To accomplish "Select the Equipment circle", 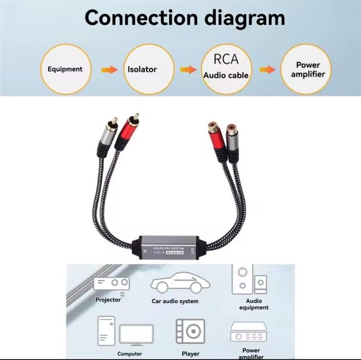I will click(65, 69).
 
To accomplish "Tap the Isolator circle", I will click(143, 69).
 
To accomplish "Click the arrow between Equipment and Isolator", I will click(109, 69).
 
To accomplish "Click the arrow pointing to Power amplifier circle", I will click(267, 69).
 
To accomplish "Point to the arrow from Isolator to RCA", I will click(188, 69).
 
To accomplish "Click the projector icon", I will click(111, 283).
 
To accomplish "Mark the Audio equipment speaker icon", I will click(249, 280).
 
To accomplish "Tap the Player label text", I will click(190, 354).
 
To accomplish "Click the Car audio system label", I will click(175, 301).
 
